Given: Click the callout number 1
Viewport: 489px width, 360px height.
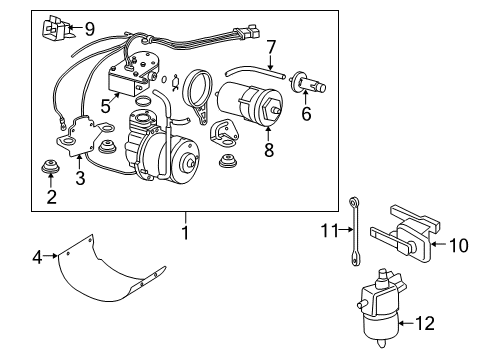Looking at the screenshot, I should tap(183, 232).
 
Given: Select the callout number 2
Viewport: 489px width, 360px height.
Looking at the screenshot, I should tap(51, 197).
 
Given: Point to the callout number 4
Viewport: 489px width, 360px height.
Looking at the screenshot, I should tap(38, 258).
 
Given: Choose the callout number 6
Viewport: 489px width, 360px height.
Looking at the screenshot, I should tap(305, 114).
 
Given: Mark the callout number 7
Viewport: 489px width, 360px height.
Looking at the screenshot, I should tap(271, 46).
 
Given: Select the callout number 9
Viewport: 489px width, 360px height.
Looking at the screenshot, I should tap(89, 28).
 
